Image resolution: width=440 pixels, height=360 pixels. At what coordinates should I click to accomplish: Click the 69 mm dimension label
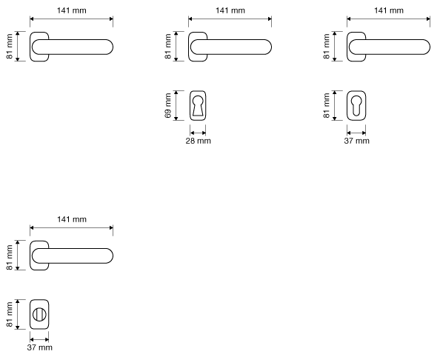tap(168, 105)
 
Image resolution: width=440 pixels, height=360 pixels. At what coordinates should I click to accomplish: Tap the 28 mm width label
tap(198, 141)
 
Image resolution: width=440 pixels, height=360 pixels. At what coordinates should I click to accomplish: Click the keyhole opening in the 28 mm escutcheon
tap(198, 105)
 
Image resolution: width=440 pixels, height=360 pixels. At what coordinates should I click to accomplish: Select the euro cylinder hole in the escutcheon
tap(356, 105)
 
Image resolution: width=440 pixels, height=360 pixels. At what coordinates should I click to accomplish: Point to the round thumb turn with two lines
tap(39, 314)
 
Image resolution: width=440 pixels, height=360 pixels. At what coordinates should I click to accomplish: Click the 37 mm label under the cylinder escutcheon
tap(356, 141)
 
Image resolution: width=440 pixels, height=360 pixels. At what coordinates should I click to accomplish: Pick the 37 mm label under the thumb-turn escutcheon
tap(39, 347)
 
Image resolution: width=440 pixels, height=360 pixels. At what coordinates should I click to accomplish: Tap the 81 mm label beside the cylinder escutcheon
tap(327, 105)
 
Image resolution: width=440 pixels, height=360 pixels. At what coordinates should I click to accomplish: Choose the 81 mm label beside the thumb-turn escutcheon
tap(10, 314)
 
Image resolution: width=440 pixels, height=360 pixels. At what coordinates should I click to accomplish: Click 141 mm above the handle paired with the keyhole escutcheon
tap(230, 10)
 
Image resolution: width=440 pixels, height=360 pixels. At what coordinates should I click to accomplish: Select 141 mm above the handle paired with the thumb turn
tap(72, 219)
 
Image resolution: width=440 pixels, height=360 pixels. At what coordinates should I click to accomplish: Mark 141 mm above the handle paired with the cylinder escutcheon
tap(389, 10)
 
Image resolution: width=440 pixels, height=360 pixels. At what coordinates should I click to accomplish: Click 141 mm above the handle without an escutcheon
tap(72, 10)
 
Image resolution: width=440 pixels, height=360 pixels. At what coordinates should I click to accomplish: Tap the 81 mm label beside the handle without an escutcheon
tap(10, 47)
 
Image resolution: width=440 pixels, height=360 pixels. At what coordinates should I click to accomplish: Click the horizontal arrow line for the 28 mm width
tap(198, 133)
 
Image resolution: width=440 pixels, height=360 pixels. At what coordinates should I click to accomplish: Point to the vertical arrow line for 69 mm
tap(176, 105)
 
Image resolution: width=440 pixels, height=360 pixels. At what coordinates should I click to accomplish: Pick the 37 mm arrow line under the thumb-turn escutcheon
tap(39, 339)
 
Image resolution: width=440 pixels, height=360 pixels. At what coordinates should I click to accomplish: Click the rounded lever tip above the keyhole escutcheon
tap(268, 47)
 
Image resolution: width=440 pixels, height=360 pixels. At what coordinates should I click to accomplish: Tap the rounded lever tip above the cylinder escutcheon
tap(427, 47)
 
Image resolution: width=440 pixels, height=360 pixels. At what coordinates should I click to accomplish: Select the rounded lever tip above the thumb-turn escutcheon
tap(110, 256)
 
